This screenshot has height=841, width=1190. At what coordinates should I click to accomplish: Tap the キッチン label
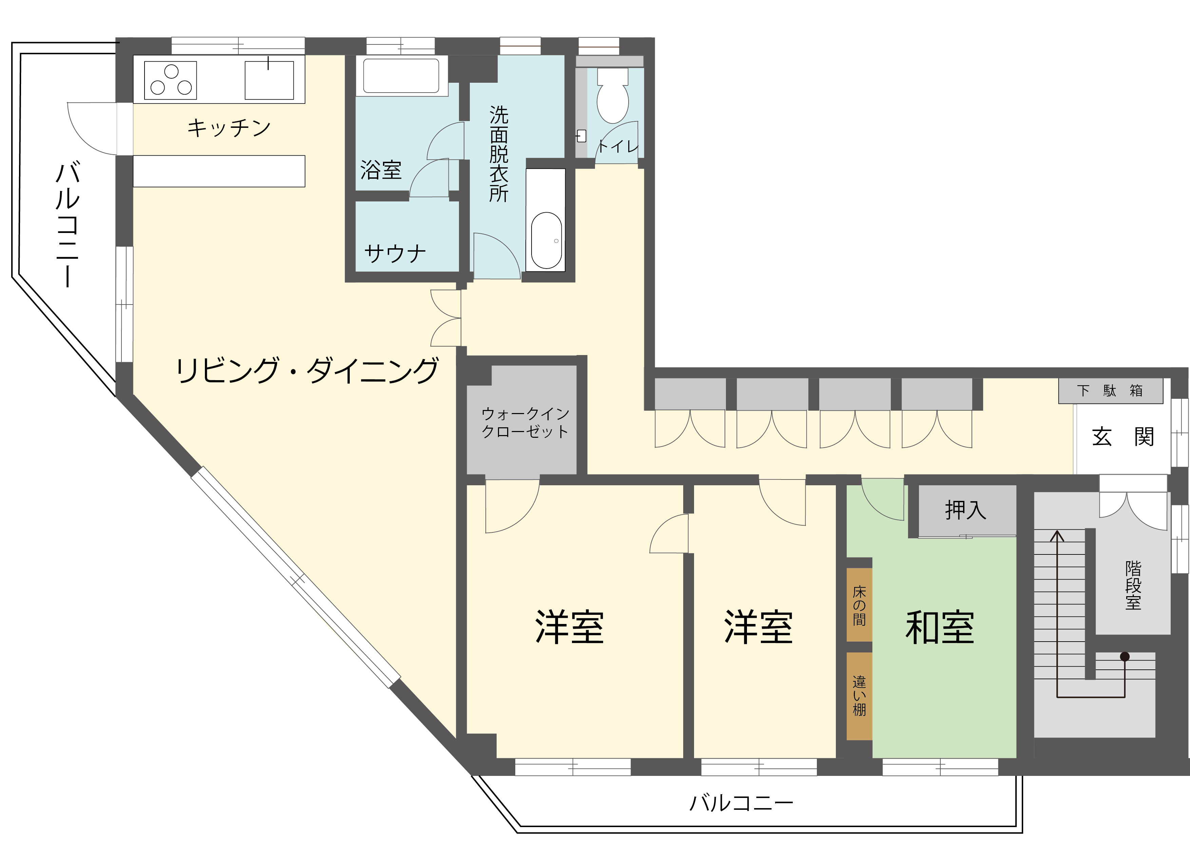(x=229, y=128)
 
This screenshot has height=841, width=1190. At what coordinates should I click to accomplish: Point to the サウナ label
(x=395, y=253)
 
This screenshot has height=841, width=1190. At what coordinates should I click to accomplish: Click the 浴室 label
(x=381, y=170)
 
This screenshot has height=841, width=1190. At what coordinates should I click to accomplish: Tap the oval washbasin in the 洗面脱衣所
(x=546, y=240)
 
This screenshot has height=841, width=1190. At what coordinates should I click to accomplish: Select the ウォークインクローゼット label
(x=525, y=422)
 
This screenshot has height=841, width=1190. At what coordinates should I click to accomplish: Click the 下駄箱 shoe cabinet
(x=1110, y=390)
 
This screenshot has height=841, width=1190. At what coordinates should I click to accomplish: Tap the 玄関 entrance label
(x=1122, y=437)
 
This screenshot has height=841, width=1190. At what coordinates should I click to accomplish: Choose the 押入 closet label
(x=965, y=510)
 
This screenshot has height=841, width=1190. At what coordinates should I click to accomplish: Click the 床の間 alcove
(x=859, y=605)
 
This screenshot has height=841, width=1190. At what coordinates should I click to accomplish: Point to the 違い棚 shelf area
(x=859, y=696)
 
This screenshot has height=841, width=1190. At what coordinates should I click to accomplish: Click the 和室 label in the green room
(x=940, y=627)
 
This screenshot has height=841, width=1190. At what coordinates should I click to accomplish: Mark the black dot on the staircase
(x=1125, y=657)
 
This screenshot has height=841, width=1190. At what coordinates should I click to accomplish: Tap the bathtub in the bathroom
(x=401, y=76)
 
